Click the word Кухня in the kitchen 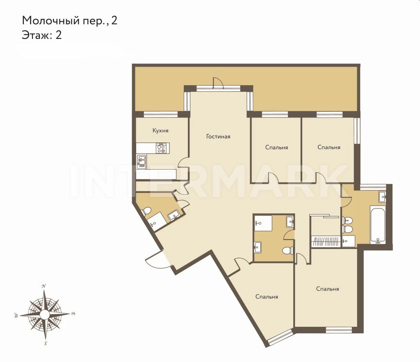pos(160,131)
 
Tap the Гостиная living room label pos(218,136)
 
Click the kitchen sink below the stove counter pos(142,161)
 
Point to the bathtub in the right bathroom pos(378,224)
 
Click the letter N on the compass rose pos(43,286)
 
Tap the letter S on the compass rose pos(46,344)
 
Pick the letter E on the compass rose pos(73,314)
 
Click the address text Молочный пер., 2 pos(70,20)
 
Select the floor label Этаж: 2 pos(42,35)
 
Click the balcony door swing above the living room pos(218,82)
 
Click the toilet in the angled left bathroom pos(146,211)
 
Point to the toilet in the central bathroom pos(288,251)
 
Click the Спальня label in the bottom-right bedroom pos(328,289)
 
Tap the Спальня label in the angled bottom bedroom pos(267,296)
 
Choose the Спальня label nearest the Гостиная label pos(277,147)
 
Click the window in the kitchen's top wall pos(161,114)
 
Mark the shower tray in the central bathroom pos(263,223)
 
